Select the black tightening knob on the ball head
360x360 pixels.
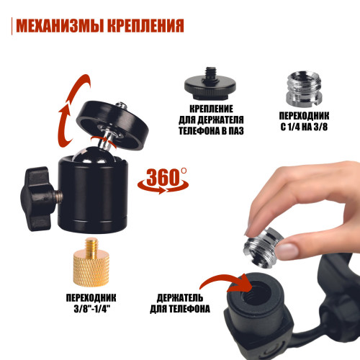pos(37,199)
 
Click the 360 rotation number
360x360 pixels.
pos(163,177)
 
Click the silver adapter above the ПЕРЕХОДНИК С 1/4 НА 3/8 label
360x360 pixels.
pos(304,89)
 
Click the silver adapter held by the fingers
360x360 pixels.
pos(263,247)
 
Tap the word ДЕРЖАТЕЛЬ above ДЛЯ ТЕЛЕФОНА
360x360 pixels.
pos(180,298)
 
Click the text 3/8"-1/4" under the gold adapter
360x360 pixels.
pos(91,309)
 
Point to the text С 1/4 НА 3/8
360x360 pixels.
pos(304,127)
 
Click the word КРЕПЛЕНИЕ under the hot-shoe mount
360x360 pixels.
pos(211,109)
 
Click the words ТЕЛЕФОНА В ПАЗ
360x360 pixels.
pos(211,131)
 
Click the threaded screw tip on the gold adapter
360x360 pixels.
pos(92,244)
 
